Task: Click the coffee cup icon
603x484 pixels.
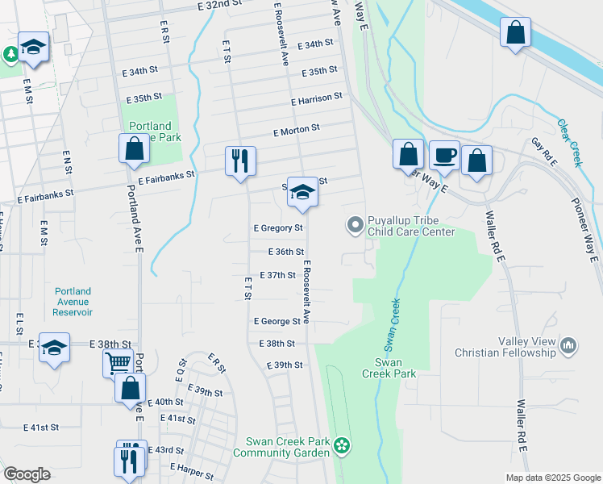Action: [x=443, y=155]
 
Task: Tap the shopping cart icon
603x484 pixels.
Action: [x=118, y=364]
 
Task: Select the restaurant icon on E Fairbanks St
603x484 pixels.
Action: [x=240, y=161]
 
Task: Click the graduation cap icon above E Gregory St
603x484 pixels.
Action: [x=302, y=192]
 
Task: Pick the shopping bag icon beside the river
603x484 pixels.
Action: [x=515, y=33]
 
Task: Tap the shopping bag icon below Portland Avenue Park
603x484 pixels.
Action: [x=134, y=149]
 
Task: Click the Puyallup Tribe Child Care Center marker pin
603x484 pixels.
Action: [x=354, y=225]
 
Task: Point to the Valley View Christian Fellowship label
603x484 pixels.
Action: [x=505, y=347]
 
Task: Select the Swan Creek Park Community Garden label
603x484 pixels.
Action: [x=281, y=447]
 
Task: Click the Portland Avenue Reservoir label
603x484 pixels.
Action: [x=73, y=302]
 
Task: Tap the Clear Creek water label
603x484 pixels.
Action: [x=569, y=144]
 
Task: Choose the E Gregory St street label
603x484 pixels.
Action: [x=278, y=228]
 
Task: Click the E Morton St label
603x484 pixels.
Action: [x=296, y=128]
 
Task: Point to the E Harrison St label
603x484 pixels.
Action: [x=317, y=98]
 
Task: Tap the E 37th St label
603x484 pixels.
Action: [x=282, y=275]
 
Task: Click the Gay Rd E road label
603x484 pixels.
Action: [x=545, y=152]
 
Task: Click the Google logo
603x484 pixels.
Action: [x=27, y=474]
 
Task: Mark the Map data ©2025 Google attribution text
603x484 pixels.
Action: [x=552, y=478]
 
